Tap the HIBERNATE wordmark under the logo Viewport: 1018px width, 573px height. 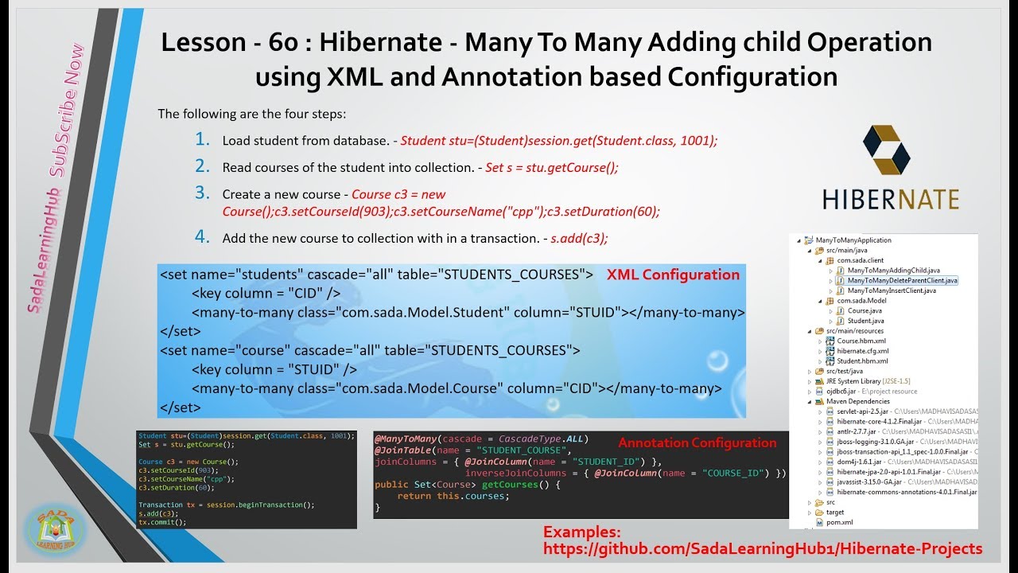click(x=890, y=198)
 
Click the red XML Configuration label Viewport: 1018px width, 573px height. click(x=673, y=275)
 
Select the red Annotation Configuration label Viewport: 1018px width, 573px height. click(x=697, y=443)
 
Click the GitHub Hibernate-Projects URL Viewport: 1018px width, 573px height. click(x=762, y=548)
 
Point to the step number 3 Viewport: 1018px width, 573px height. click(x=202, y=193)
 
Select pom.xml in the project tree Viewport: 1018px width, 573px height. click(x=839, y=522)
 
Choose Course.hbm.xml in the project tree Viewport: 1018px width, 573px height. click(x=861, y=341)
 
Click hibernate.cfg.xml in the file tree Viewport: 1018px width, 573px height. click(x=862, y=351)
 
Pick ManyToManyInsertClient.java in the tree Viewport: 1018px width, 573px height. click(x=891, y=290)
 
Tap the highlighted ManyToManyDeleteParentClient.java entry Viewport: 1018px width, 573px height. click(x=902, y=280)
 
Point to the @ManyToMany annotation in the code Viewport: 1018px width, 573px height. click(x=406, y=439)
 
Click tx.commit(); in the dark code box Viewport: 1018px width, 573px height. click(x=162, y=522)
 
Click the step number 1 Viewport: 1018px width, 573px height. click(x=202, y=140)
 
